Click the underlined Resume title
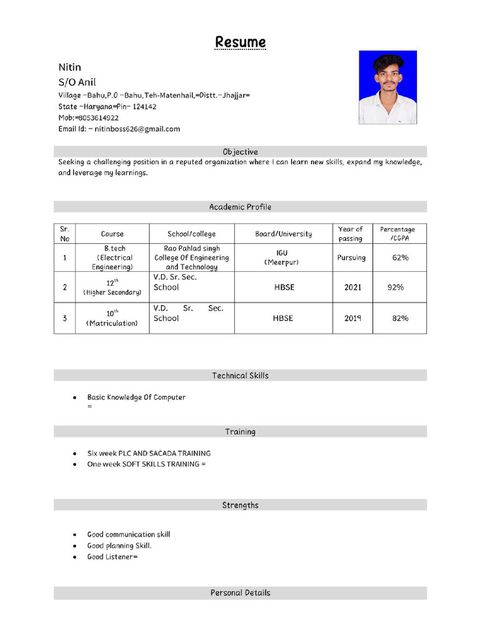click(240, 42)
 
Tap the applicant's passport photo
click(387, 87)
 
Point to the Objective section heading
click(240, 152)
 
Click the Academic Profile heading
click(240, 207)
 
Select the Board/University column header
click(283, 234)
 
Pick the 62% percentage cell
click(401, 257)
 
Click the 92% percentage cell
click(396, 287)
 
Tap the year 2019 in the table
click(352, 318)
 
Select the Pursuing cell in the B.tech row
click(351, 257)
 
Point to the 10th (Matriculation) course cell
click(112, 317)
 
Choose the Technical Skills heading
click(240, 376)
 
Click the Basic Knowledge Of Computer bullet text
click(136, 397)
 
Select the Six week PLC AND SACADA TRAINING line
click(149, 453)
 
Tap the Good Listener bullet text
click(112, 557)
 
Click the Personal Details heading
click(240, 592)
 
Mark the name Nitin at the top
click(70, 67)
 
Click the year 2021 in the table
click(352, 287)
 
